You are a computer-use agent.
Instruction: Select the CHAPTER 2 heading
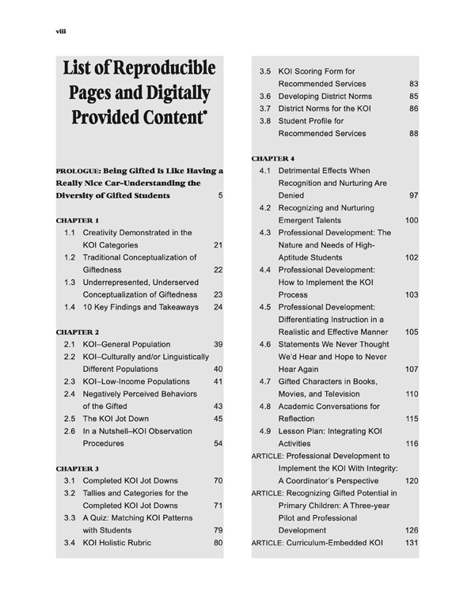tap(77, 331)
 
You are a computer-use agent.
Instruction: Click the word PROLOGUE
tap(78, 169)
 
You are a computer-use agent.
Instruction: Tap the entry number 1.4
tap(70, 306)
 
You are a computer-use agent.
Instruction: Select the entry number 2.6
tap(70, 431)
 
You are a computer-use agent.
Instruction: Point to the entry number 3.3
tap(70, 517)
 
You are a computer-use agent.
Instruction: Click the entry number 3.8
tap(265, 121)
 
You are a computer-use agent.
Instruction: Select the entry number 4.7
tap(265, 381)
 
